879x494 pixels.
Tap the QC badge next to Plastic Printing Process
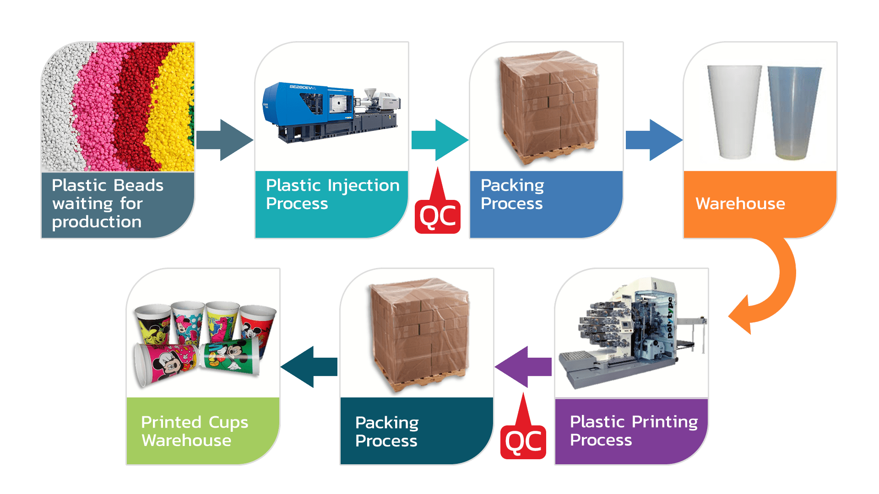coord(523,441)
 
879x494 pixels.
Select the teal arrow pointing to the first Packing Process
coord(439,140)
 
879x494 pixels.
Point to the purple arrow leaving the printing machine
coord(524,366)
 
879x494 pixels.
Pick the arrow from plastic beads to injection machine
coord(224,140)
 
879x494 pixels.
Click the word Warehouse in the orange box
coord(740,204)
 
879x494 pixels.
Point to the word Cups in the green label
coord(228,423)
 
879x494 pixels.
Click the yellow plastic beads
coord(172,114)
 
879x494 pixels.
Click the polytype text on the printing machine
coord(670,318)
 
